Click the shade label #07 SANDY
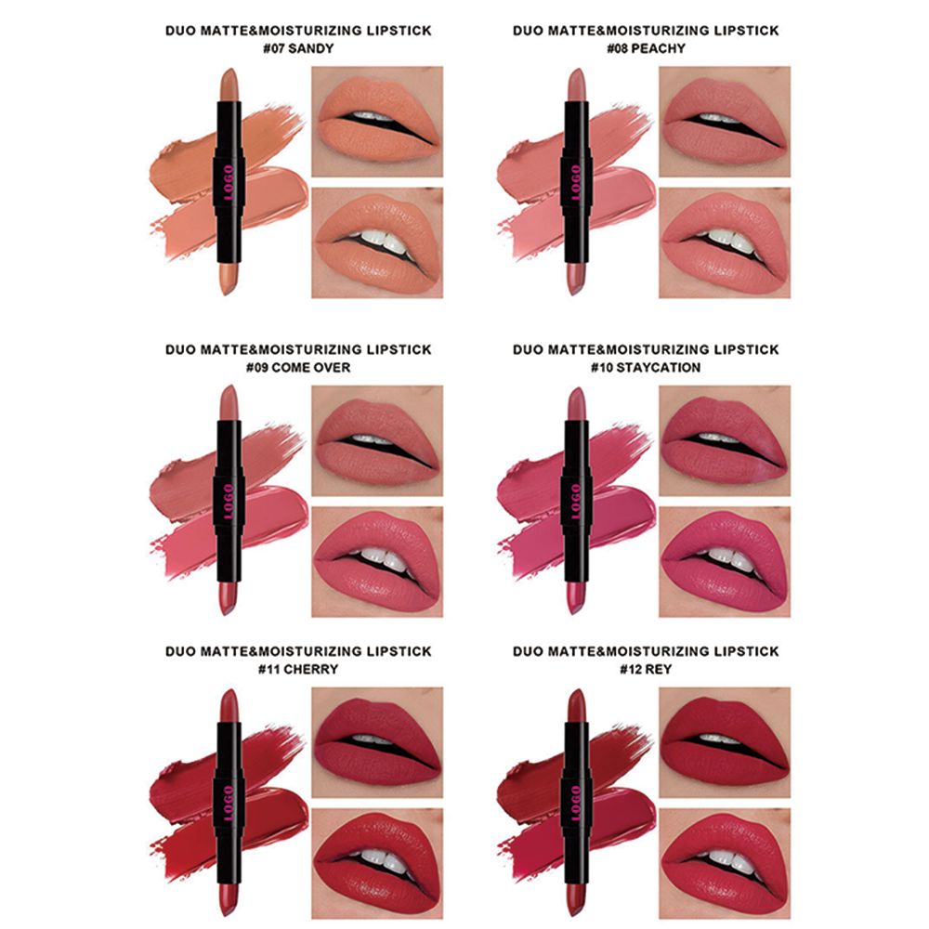pyautogui.click(x=298, y=48)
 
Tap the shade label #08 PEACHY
pyautogui.click(x=646, y=48)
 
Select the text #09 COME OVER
pyautogui.click(x=298, y=367)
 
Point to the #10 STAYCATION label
pyautogui.click(x=646, y=367)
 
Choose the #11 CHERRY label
pyautogui.click(x=298, y=669)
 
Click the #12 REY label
pyautogui.click(x=646, y=669)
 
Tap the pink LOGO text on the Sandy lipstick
pyautogui.click(x=229, y=182)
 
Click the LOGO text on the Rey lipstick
pyautogui.click(x=576, y=804)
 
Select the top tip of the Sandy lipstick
pyautogui.click(x=229, y=69)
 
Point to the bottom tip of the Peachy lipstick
pyautogui.click(x=576, y=294)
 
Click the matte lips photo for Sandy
pyautogui.click(x=377, y=122)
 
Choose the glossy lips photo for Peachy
pyautogui.click(x=725, y=242)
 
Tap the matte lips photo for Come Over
pyautogui.click(x=377, y=440)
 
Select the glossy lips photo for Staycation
pyautogui.click(x=725, y=562)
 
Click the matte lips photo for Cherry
pyautogui.click(x=377, y=742)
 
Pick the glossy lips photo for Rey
pyautogui.click(x=725, y=864)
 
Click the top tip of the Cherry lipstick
pyautogui.click(x=229, y=689)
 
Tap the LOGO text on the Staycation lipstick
pyautogui.click(x=576, y=502)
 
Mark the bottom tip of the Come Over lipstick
pyautogui.click(x=229, y=614)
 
